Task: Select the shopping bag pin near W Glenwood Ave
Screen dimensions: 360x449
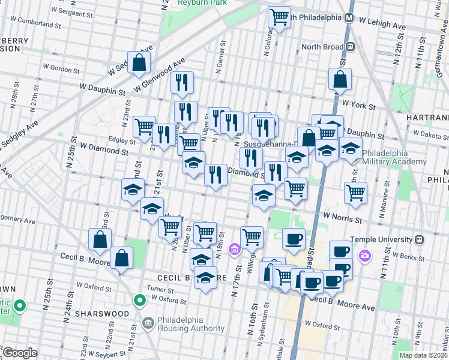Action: (x=139, y=62)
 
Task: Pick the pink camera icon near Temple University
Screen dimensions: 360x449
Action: (x=365, y=257)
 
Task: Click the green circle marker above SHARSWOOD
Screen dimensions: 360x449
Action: (x=140, y=299)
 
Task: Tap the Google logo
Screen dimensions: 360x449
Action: (x=20, y=353)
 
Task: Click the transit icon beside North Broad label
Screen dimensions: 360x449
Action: (x=350, y=46)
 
